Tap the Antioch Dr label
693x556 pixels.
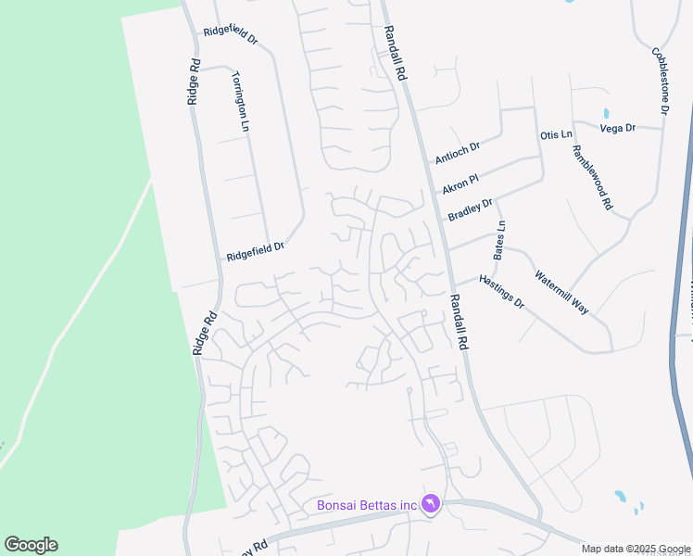458,153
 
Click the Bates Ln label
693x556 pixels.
500,238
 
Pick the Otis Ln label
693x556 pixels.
556,135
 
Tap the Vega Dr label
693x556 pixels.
617,128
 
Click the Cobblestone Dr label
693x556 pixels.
660,81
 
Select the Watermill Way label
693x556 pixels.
561,291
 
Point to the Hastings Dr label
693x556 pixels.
501,291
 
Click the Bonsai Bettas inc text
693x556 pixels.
367,505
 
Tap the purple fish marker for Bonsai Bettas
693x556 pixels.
431,504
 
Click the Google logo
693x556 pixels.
31,545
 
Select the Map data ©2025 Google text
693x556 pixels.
635,549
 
